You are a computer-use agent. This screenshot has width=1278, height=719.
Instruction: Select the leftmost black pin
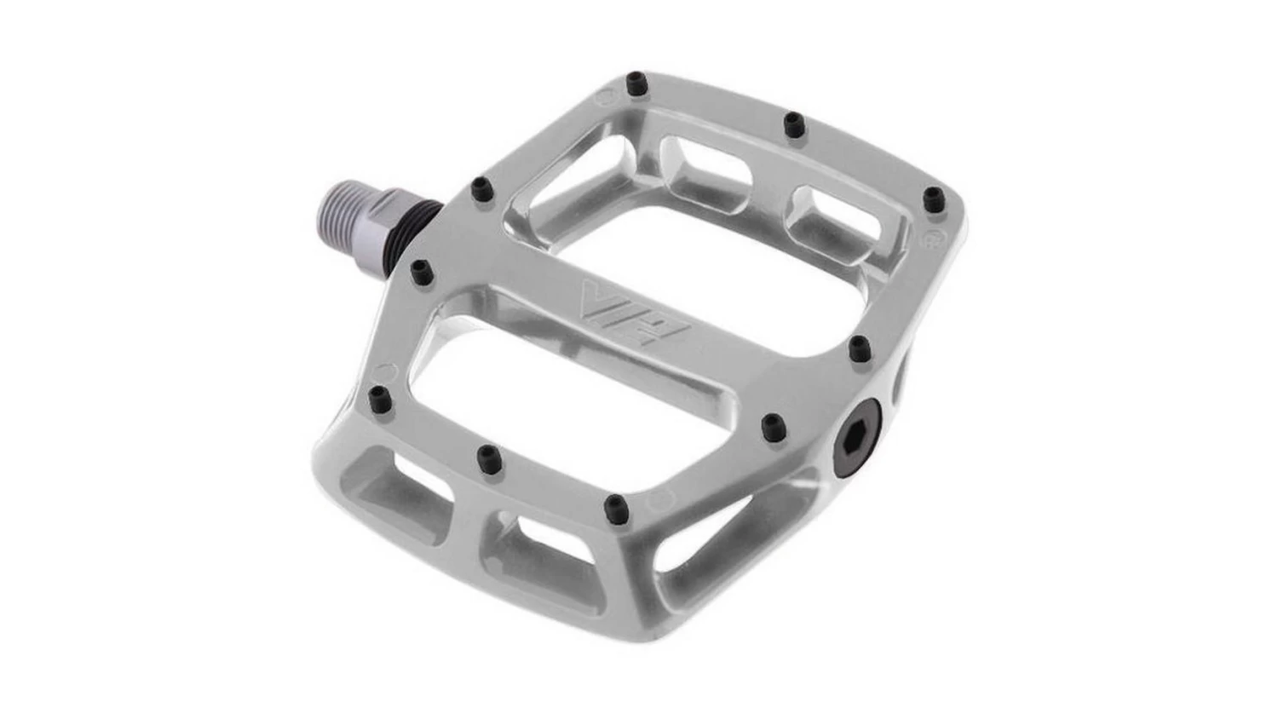click(377, 395)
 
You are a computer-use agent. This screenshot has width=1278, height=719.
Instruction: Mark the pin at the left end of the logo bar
click(420, 271)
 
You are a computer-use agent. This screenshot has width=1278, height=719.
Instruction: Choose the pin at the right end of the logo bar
click(860, 346)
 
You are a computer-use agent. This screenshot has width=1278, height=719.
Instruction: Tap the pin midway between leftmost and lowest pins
click(487, 457)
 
